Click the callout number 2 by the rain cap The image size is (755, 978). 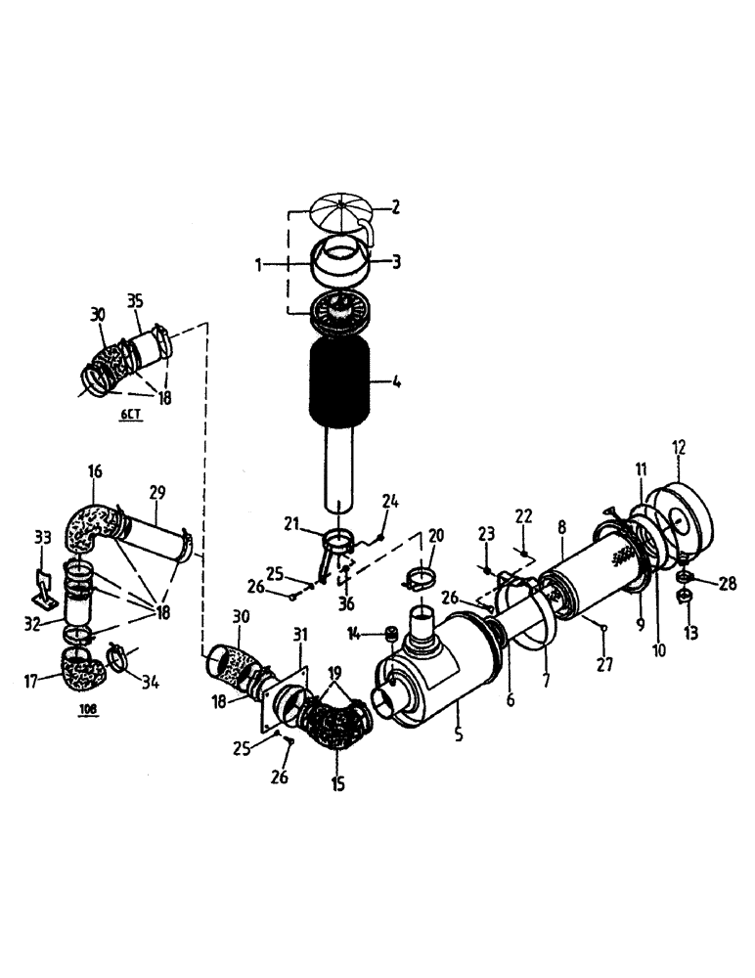[397, 206]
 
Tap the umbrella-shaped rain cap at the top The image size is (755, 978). [334, 214]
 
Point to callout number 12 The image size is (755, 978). [680, 448]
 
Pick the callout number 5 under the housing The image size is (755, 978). [458, 733]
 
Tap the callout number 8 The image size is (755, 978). [562, 527]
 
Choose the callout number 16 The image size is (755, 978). [94, 472]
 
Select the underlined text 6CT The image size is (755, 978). [130, 416]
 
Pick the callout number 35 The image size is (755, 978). [136, 299]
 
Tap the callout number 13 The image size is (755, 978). [692, 633]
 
